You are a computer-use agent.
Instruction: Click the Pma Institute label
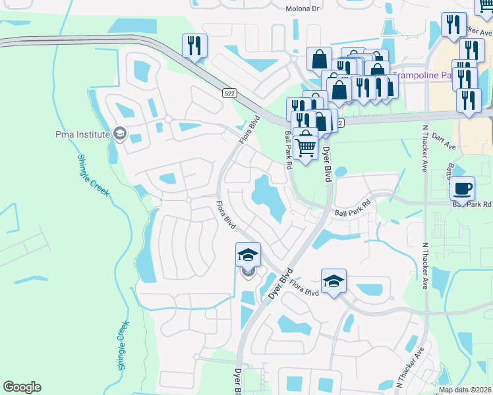(82, 134)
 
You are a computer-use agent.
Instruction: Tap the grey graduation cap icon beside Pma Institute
(120, 134)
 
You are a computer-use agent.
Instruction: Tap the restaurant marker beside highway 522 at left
(195, 45)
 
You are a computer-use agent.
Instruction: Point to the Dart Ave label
(445, 145)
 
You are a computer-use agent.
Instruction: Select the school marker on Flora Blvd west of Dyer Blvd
(248, 255)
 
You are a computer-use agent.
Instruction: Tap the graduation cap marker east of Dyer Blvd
(334, 281)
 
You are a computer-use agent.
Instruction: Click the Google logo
(22, 387)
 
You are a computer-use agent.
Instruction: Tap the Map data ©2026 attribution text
(465, 390)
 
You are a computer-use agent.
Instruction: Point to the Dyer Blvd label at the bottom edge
(237, 382)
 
